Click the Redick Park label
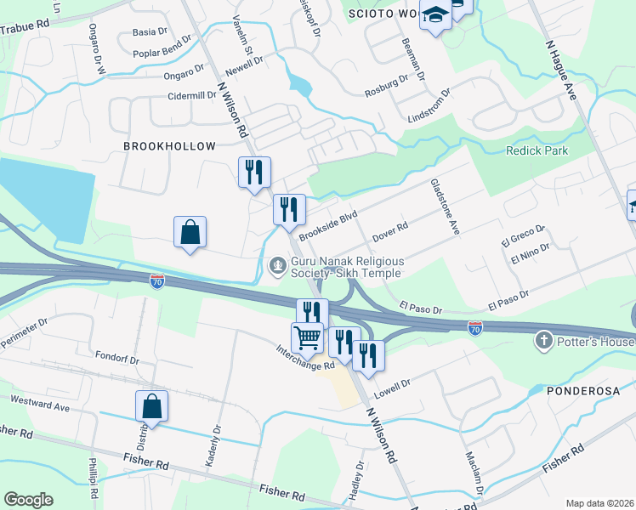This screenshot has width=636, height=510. pyautogui.click(x=537, y=150)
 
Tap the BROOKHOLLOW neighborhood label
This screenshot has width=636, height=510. pyautogui.click(x=169, y=146)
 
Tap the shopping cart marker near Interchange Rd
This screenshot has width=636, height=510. pyautogui.click(x=307, y=337)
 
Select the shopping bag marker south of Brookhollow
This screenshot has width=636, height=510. pyautogui.click(x=190, y=232)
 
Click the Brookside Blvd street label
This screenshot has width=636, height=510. pyautogui.click(x=327, y=223)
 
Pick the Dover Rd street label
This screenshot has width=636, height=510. pyautogui.click(x=391, y=230)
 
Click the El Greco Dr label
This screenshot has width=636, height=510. pyautogui.click(x=522, y=234)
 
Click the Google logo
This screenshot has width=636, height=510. pyautogui.click(x=28, y=500)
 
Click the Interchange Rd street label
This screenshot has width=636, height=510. pyautogui.click(x=305, y=358)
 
